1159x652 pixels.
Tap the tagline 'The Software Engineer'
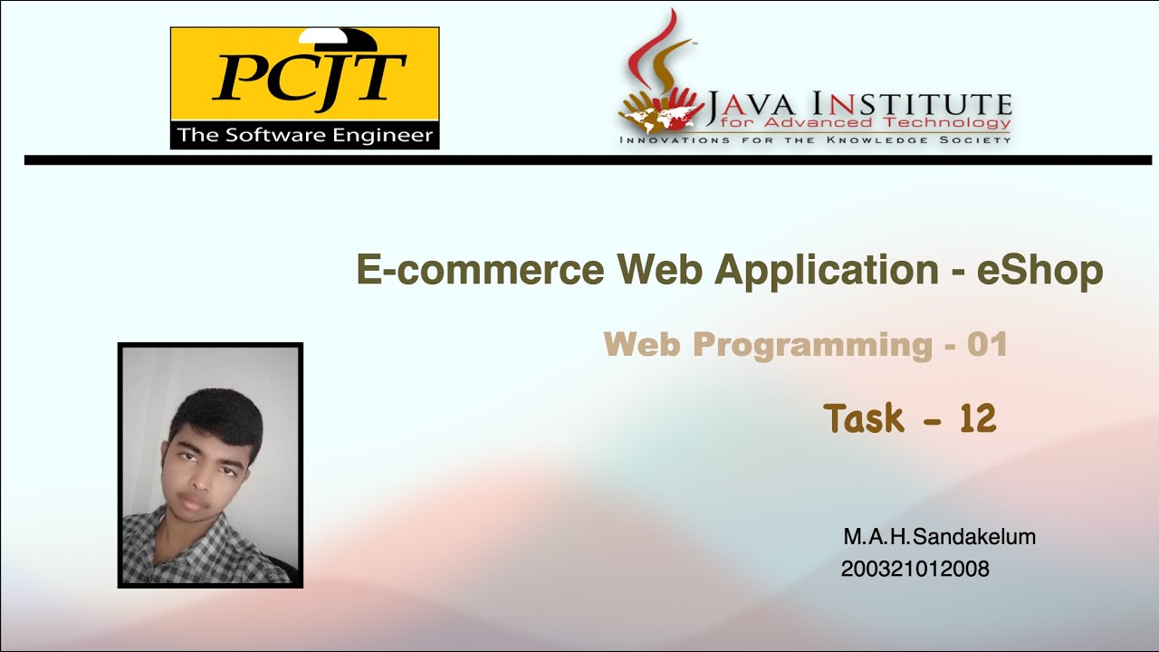305,136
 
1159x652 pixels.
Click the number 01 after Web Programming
987,345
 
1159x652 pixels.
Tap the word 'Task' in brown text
864,419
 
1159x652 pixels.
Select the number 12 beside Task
977,419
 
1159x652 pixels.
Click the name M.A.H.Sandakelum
939,537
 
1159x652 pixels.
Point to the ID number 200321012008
915,570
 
